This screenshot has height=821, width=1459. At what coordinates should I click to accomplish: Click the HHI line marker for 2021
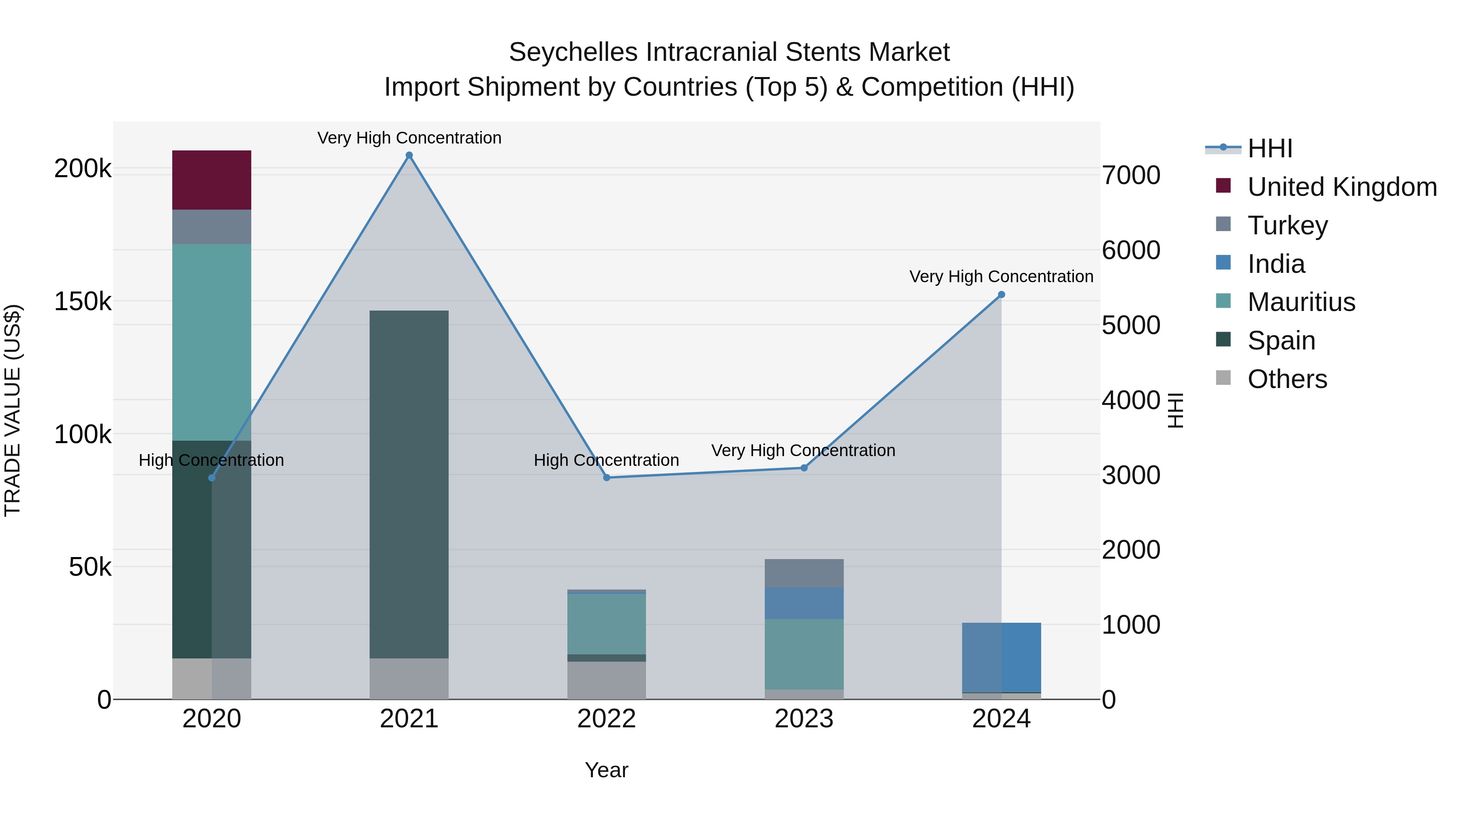(x=409, y=155)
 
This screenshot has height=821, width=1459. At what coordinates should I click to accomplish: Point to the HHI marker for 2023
(x=804, y=468)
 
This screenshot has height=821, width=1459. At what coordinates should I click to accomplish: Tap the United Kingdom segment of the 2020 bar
(x=211, y=180)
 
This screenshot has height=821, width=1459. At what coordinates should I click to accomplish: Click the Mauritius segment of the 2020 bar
(x=211, y=342)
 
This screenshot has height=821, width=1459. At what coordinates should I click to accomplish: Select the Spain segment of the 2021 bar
(x=409, y=484)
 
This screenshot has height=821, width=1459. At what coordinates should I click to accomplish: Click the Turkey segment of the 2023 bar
(x=804, y=573)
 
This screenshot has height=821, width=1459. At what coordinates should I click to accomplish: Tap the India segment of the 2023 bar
(x=804, y=603)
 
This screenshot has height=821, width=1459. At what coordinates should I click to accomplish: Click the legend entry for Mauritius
(x=1301, y=302)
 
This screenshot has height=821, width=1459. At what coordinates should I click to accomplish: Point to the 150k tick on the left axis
(x=83, y=301)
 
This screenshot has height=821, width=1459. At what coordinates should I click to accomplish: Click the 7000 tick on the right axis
(x=1130, y=175)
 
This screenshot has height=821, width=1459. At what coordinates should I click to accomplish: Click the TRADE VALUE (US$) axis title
(x=13, y=410)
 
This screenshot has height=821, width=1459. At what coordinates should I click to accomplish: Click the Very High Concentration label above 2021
(x=409, y=138)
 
